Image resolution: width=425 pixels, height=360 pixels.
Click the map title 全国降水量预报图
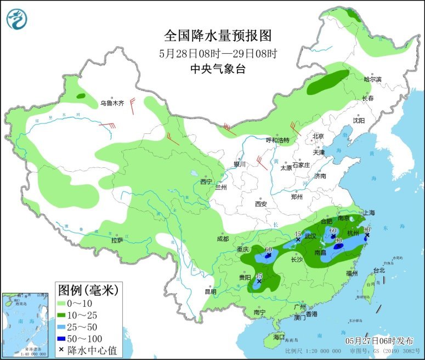click(218, 36)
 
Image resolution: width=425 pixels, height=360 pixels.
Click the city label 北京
click(318, 136)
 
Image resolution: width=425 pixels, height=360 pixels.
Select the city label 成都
click(223, 239)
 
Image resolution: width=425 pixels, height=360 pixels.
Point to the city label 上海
click(368, 213)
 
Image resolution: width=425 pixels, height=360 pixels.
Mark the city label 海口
click(279, 335)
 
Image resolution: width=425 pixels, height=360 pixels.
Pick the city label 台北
click(379, 270)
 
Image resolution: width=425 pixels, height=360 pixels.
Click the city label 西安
click(260, 204)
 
